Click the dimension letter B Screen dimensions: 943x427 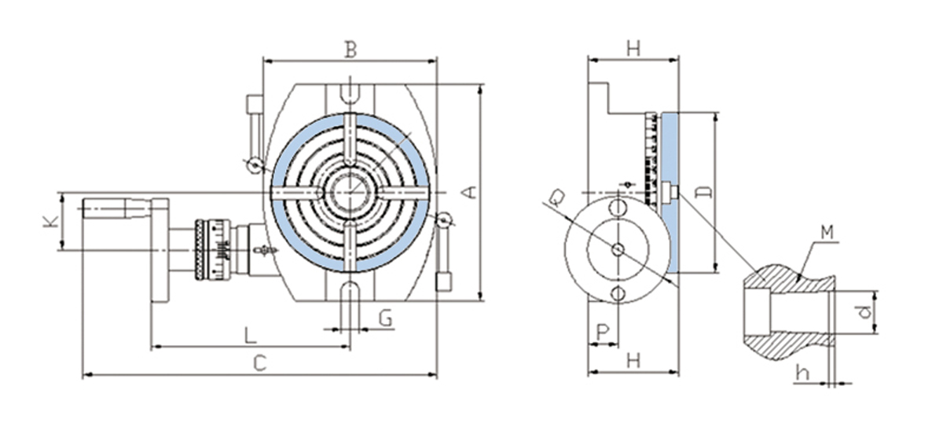tap(350, 50)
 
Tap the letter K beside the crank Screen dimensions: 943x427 tap(51, 222)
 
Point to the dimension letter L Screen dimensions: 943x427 tap(251, 336)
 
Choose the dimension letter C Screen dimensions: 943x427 tap(260, 363)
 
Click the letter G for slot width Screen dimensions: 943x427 tap(386, 318)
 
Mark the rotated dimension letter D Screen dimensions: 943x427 tap(704, 192)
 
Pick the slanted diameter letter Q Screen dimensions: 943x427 tap(556, 198)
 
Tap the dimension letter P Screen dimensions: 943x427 tap(604, 333)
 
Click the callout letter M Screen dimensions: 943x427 tap(827, 233)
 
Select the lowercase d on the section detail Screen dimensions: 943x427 tap(864, 312)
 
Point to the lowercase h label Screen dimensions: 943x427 tap(802, 373)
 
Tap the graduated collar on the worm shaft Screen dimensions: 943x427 tap(213, 250)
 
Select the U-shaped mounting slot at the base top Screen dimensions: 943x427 tap(350, 94)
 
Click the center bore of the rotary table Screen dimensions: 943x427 tap(350, 193)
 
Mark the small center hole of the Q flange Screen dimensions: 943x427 tap(618, 250)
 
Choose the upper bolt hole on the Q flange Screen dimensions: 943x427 tap(618, 207)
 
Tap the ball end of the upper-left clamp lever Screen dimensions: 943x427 tap(255, 165)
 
